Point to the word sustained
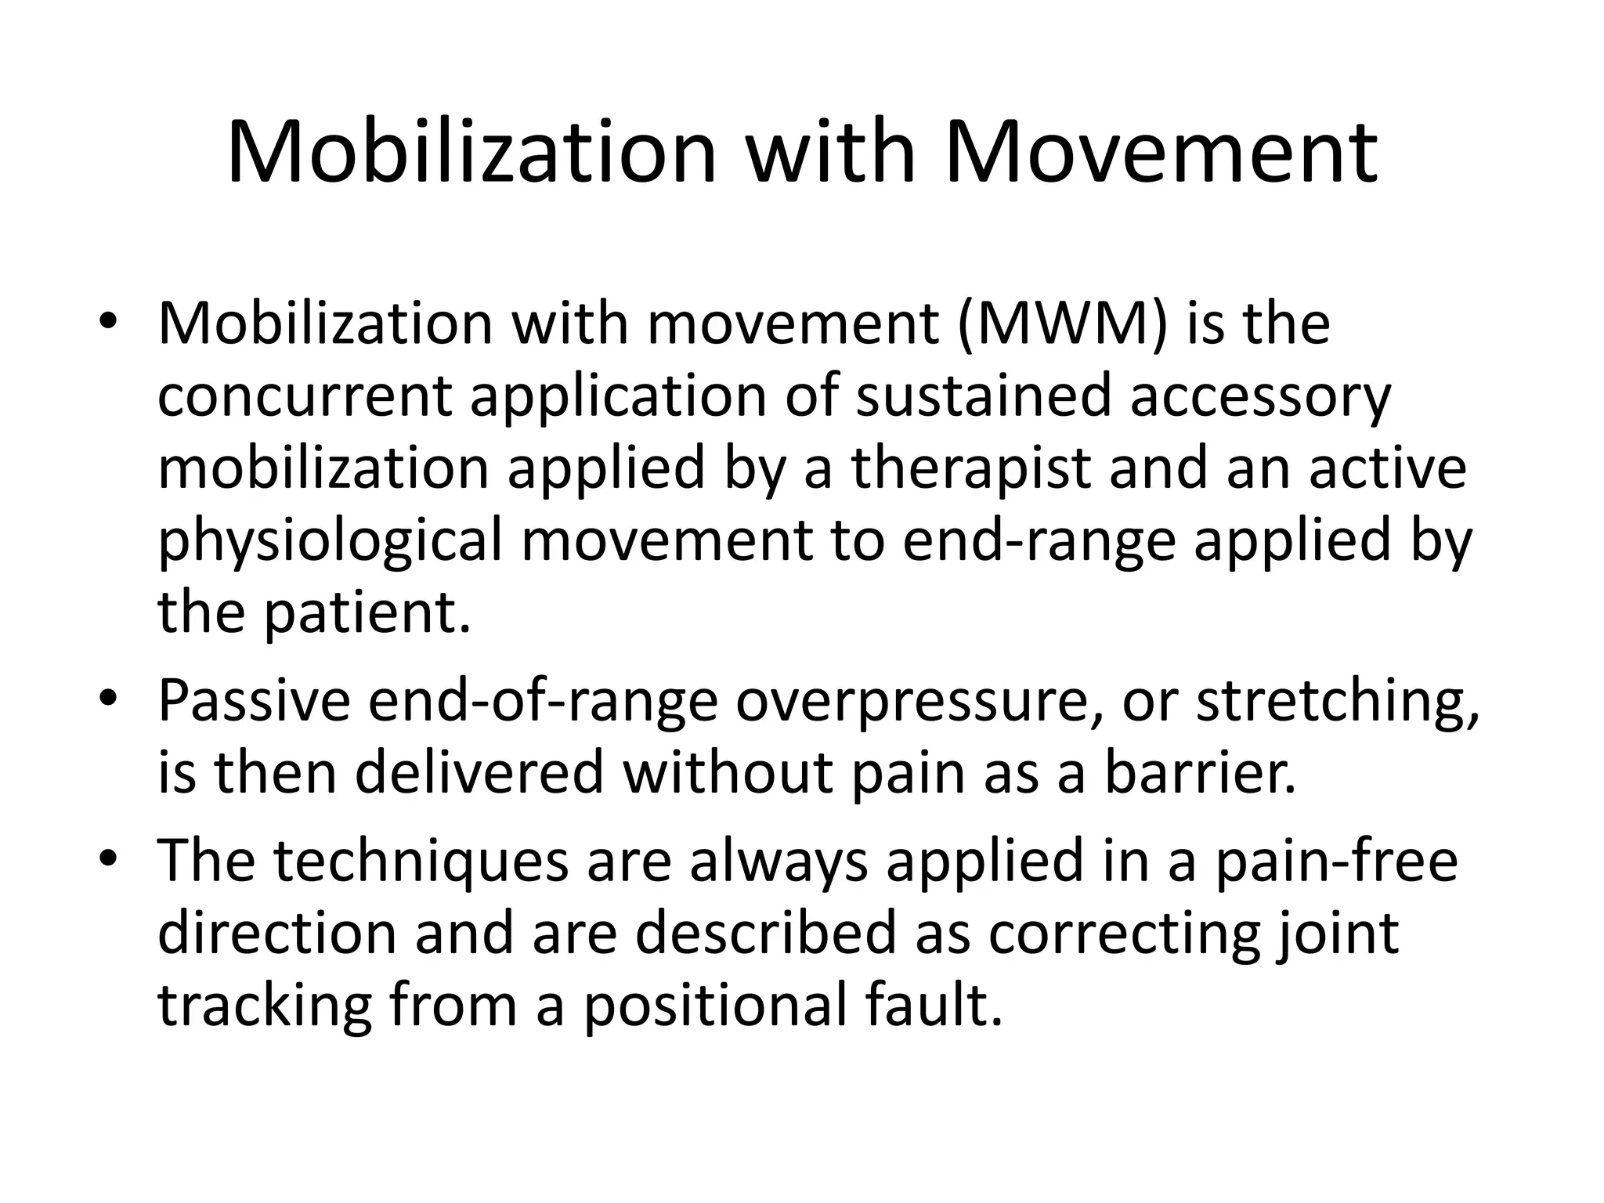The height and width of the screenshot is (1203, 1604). pos(983,396)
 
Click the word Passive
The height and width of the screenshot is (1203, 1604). pos(255,701)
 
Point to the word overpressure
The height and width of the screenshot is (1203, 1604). pos(919,703)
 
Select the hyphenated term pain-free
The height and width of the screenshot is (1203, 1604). pos(1335,862)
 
